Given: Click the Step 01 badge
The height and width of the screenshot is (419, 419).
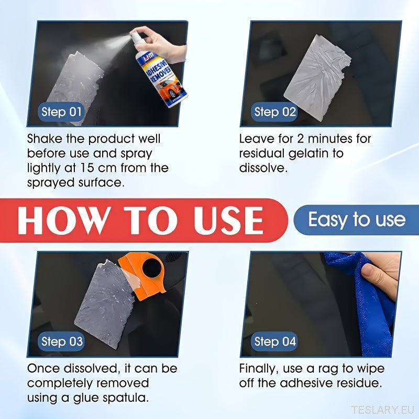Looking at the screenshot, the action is pos(61,112).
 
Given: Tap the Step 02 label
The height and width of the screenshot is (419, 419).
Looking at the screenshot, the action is pos(274,112).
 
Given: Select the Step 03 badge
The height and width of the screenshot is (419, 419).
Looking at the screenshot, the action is pos(61,341).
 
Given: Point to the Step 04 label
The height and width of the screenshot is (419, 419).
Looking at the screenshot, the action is pos(274,341).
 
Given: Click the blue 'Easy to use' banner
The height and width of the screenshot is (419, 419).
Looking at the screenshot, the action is pos(356,220).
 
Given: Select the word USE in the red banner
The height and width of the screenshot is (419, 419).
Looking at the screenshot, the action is pos(228,221).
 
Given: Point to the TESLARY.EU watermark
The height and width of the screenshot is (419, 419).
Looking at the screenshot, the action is pos(383,410).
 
